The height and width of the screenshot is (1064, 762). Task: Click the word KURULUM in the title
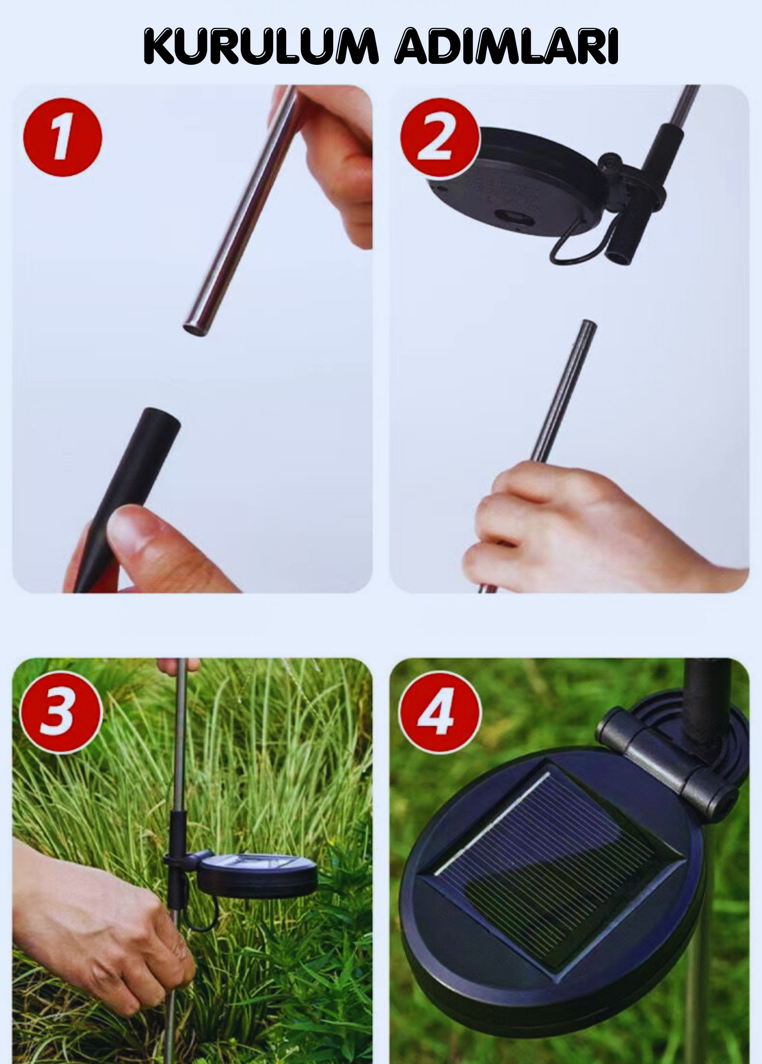[260, 47]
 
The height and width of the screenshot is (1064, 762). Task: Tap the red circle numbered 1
[63, 137]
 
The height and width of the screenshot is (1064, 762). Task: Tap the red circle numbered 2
[440, 137]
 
